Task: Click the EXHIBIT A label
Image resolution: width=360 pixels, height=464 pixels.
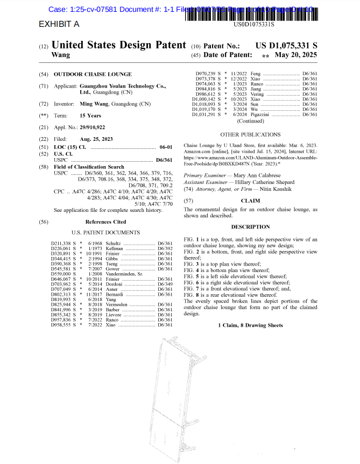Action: pyautogui.click(x=59, y=24)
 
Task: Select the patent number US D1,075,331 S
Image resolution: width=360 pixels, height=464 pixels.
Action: pyautogui.click(x=286, y=46)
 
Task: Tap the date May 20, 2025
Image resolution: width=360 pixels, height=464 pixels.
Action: pyautogui.click(x=295, y=55)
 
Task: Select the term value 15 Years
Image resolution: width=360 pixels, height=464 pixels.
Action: pyautogui.click(x=90, y=116)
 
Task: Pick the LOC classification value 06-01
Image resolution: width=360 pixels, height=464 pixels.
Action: pyautogui.click(x=166, y=147)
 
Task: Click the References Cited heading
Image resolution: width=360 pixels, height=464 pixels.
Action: pyautogui.click(x=105, y=222)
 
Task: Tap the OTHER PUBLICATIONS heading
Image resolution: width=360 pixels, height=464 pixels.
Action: pyautogui.click(x=250, y=134)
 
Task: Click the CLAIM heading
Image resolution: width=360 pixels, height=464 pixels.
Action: pyautogui.click(x=250, y=201)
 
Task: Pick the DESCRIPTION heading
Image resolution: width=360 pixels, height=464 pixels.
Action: pyautogui.click(x=250, y=227)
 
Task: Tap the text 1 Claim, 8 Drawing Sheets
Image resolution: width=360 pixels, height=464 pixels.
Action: pyautogui.click(x=250, y=325)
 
